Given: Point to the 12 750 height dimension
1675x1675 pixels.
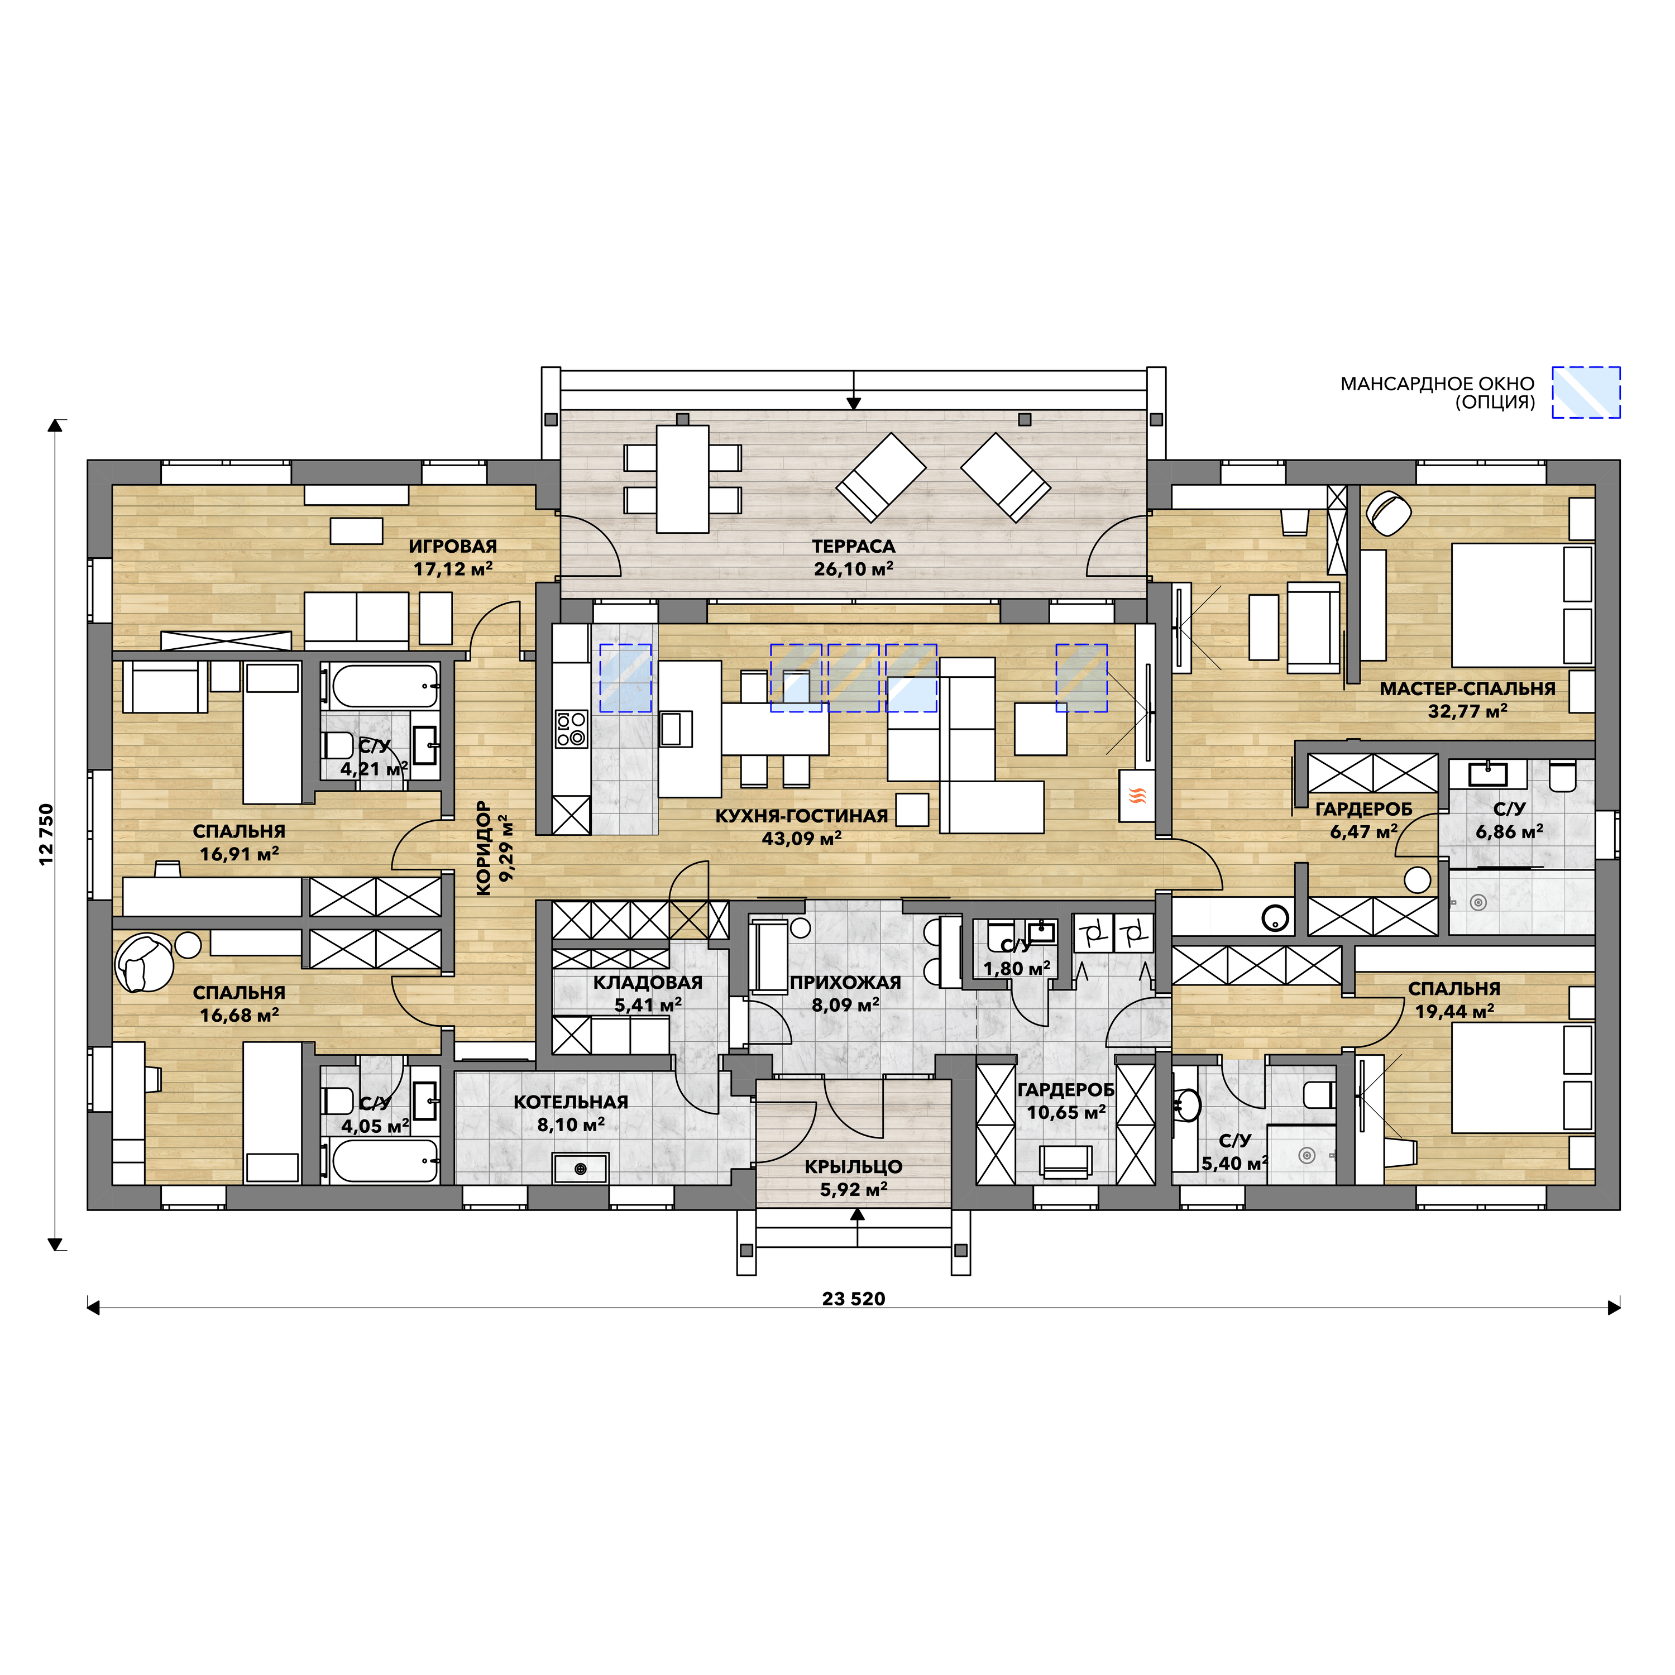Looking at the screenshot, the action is (46, 834).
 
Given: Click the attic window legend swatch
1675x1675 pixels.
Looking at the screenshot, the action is (1586, 392).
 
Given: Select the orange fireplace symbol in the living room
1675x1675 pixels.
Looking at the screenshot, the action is (1137, 795).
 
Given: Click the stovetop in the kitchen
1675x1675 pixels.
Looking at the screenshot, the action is (571, 728).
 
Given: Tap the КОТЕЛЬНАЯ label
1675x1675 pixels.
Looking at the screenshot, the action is (571, 1102).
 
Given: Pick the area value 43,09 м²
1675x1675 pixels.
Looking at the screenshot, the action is (801, 839).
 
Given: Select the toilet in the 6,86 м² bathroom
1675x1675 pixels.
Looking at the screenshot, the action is (1562, 776).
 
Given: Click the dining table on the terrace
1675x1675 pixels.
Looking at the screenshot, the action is (682, 478).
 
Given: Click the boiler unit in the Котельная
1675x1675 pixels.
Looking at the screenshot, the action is (581, 1169).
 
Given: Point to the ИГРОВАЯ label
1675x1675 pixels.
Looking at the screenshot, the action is (453, 546).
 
